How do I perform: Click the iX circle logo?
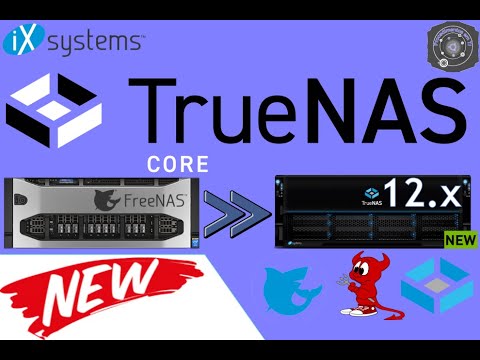[23, 41]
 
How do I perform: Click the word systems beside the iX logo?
[93, 42]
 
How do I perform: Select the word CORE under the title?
[175, 162]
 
